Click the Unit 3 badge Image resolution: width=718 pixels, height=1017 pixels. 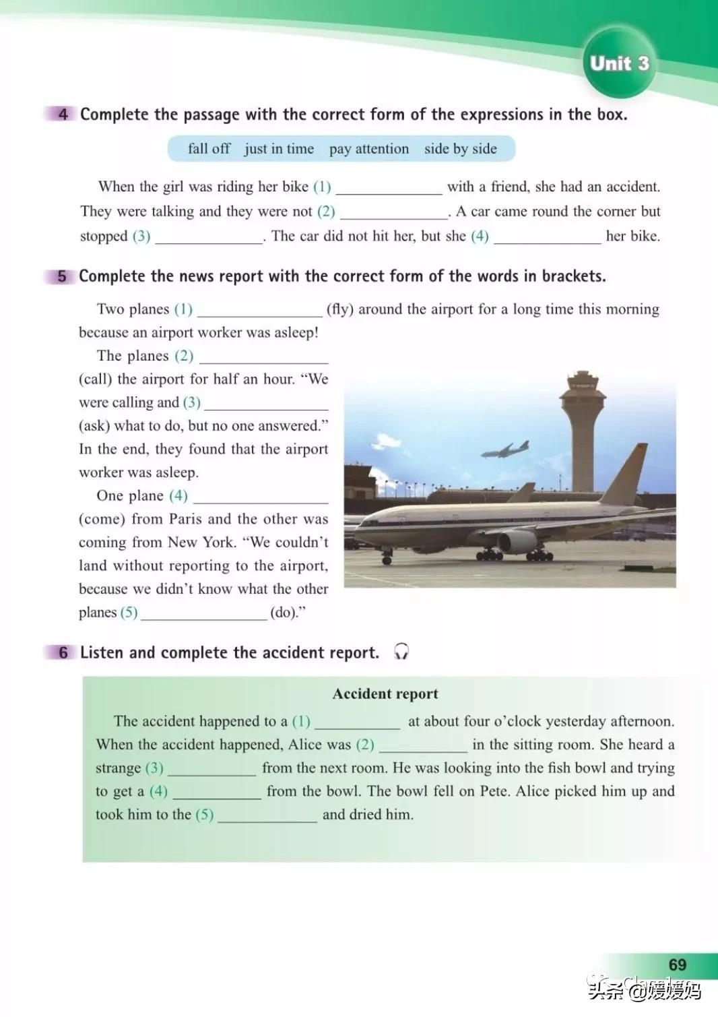point(619,63)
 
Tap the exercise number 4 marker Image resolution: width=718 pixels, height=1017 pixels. point(63,114)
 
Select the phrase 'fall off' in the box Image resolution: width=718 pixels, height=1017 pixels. point(209,148)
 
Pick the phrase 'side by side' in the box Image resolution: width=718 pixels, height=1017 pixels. point(460,148)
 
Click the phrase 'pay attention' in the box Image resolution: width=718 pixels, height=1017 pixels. point(368,148)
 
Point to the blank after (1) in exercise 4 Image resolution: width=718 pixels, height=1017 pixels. point(389,188)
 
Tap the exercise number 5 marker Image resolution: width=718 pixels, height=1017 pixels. point(62,276)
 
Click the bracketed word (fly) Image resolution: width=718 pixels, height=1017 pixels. point(339,309)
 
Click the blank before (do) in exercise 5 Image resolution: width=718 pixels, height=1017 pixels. point(204,613)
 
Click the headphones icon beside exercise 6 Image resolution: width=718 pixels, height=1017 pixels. point(401,652)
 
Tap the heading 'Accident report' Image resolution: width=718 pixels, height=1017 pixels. point(385,694)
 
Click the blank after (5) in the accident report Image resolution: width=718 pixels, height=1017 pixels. point(267,815)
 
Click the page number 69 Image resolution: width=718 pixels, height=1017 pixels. point(677,964)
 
